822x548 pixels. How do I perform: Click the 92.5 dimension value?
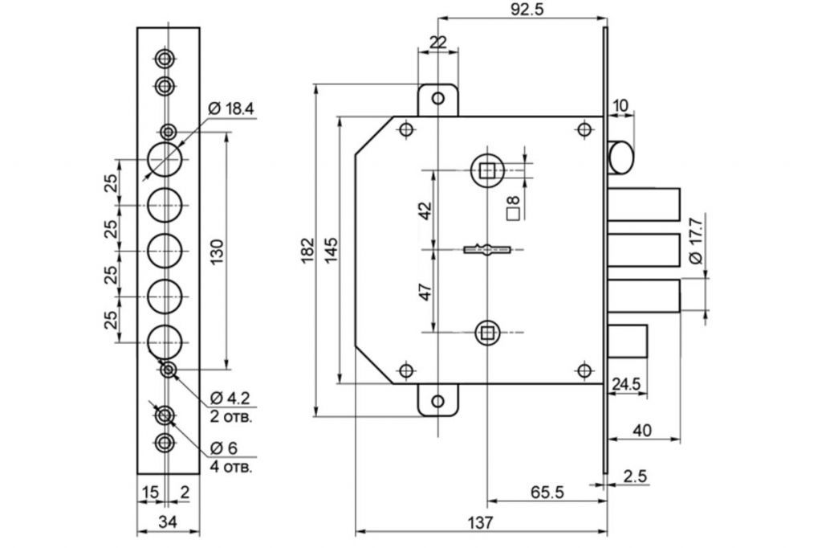pos(528,9)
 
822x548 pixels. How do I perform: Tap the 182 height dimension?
pos(307,249)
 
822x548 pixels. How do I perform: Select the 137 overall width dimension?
pos(480,522)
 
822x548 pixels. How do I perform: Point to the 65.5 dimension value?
pos(547,492)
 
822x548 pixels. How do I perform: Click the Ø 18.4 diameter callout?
pos(231,108)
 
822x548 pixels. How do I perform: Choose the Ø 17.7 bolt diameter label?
pos(695,240)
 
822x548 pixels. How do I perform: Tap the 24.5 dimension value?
pos(626,384)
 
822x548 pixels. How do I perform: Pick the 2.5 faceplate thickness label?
pos(636,476)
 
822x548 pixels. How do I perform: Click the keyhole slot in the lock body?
pos(487,249)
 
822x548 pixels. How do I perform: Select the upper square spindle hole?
pos(487,170)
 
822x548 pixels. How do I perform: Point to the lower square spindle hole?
pos(487,333)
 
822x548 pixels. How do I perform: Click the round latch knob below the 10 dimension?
pos(621,157)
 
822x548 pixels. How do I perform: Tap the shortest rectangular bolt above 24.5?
pos(628,341)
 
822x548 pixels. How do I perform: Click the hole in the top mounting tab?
pos(437,98)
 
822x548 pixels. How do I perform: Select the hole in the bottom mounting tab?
pos(437,402)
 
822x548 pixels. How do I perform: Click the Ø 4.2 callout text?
pos(230,398)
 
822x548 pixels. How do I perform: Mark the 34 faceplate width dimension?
pos(168,521)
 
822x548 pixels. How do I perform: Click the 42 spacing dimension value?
pos(425,210)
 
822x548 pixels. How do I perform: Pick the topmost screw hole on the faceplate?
pos(165,59)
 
